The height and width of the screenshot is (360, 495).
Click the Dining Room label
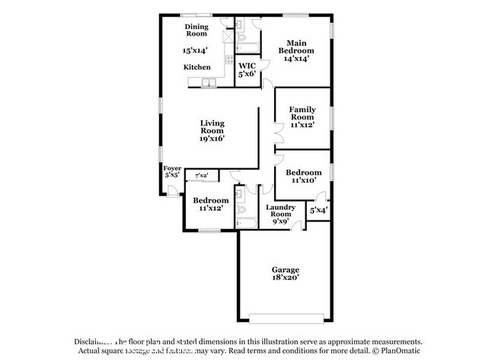tap(196, 30)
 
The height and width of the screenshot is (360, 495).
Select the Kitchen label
tap(196, 67)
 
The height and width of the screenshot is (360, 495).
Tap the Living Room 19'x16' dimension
tap(212, 139)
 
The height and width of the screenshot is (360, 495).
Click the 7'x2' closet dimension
tap(202, 176)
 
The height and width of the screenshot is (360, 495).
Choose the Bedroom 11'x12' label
tap(210, 204)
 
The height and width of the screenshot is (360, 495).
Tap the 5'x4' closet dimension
tap(318, 210)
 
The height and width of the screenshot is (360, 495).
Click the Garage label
tap(286, 269)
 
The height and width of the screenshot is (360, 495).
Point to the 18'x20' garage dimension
tap(286, 279)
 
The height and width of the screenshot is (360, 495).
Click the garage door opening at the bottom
tap(286, 316)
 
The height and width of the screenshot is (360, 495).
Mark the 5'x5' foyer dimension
tap(171, 175)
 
